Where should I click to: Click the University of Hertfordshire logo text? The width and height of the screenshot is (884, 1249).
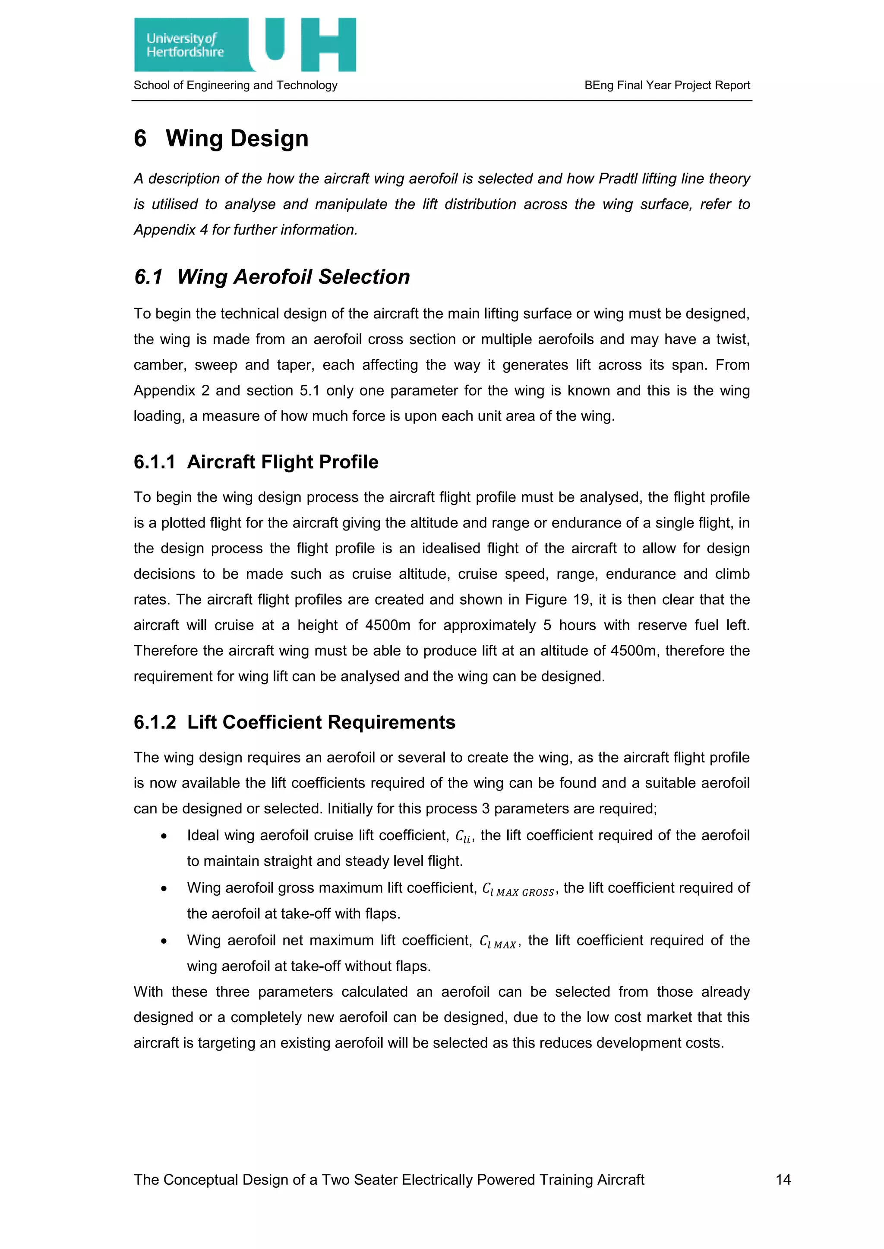pos(185,45)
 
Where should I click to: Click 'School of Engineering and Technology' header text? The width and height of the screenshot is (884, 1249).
pos(235,85)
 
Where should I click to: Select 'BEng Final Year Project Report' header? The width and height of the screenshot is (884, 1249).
pos(667,85)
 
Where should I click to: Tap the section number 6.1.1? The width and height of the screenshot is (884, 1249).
pos(155,462)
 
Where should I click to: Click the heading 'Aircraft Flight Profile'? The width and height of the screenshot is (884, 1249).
pos(283,462)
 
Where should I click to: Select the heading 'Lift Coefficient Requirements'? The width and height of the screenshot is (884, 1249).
pos(321,722)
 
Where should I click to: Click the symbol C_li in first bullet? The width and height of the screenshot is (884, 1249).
pos(463,837)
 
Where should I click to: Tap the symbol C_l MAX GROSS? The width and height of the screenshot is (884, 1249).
pos(518,889)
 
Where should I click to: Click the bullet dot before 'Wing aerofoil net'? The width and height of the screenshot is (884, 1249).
pos(163,941)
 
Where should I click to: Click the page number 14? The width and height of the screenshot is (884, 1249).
pos(783,1180)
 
